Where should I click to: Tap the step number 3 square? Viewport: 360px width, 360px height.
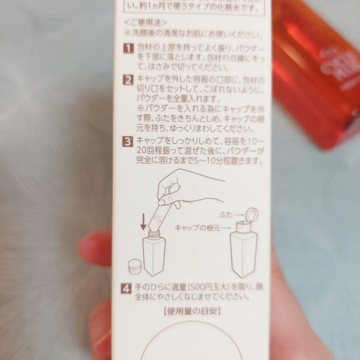point(128,142)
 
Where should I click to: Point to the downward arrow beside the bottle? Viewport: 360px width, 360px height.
point(144,221)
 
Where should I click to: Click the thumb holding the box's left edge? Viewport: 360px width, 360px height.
point(96,243)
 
